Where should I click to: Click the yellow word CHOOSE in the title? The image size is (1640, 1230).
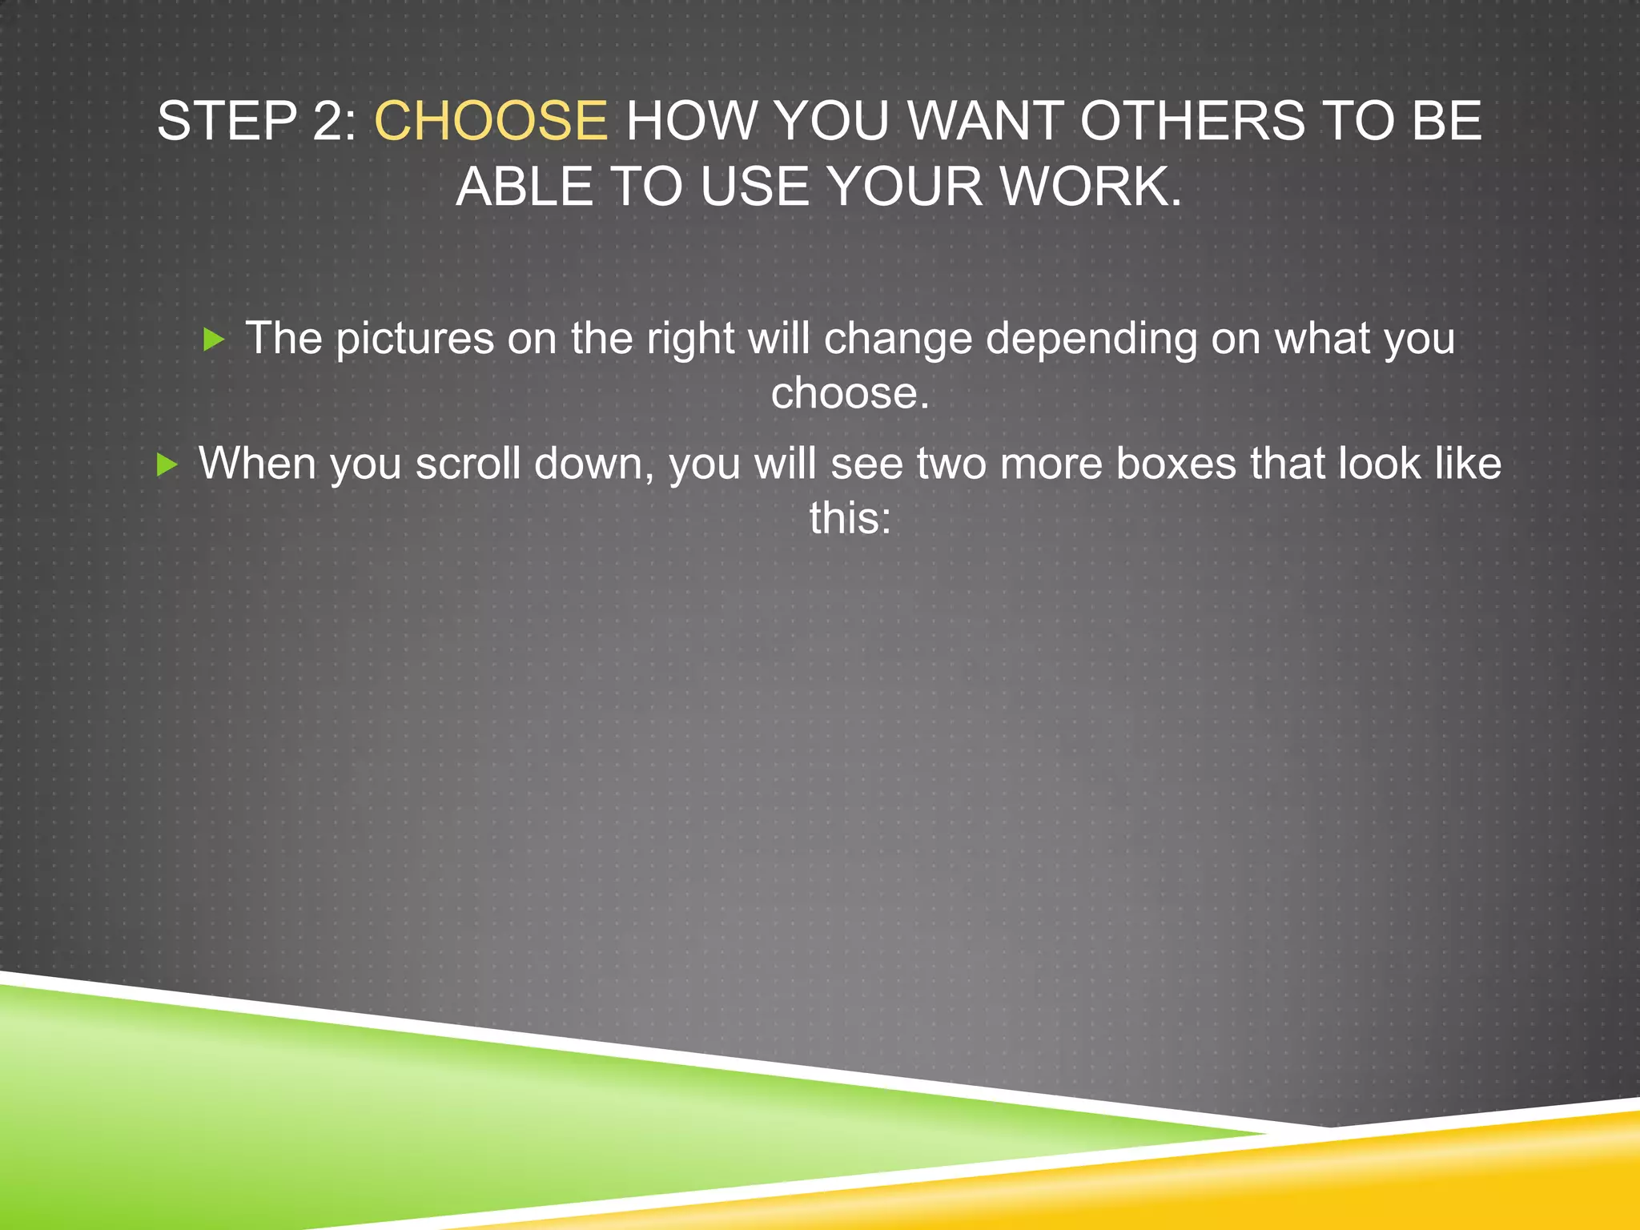(x=491, y=122)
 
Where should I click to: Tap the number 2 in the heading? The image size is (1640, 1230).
(x=328, y=122)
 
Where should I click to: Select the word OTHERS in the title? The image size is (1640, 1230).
(x=1192, y=122)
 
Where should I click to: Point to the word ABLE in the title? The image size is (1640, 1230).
(x=525, y=187)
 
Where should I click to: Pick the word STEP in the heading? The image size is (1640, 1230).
(x=227, y=122)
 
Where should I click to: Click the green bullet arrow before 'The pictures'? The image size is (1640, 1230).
(x=214, y=340)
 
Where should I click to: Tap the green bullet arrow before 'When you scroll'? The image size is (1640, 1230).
(x=167, y=464)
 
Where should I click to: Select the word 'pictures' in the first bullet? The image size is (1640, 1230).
(x=414, y=339)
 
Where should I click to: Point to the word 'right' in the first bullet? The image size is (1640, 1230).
(x=689, y=339)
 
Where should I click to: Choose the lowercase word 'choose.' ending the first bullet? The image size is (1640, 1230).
(x=850, y=393)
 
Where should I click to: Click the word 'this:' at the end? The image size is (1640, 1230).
(x=850, y=518)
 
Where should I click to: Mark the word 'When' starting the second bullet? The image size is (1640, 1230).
(x=256, y=464)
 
